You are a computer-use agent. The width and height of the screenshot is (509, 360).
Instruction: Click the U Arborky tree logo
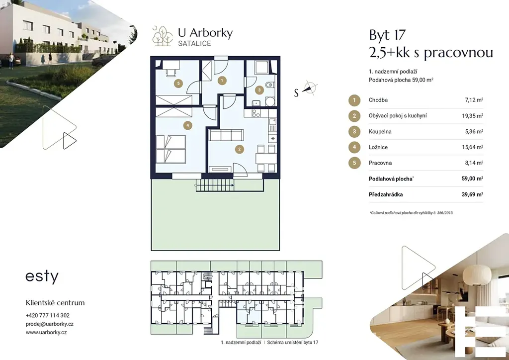click(163, 36)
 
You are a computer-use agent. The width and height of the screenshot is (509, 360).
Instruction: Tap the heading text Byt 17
click(387, 35)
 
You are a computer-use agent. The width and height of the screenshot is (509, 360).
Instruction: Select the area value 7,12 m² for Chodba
click(474, 100)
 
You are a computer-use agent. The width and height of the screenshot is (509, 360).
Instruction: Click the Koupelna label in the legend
click(380, 131)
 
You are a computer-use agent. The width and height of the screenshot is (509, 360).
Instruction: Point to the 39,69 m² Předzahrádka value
click(472, 194)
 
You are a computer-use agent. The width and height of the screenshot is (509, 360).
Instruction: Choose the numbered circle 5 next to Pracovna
click(354, 163)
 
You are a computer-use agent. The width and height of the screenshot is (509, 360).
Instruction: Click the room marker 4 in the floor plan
click(187, 125)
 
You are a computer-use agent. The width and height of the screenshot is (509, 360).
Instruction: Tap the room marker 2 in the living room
click(239, 149)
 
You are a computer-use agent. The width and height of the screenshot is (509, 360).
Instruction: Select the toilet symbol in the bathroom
click(270, 85)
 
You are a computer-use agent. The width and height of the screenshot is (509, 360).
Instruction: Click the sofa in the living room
click(226, 135)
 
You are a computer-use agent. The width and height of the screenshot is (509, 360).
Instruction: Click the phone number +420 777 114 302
click(48, 315)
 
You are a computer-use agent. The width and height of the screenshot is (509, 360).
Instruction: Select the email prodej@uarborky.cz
click(50, 324)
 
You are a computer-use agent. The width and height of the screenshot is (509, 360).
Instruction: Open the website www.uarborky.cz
click(46, 332)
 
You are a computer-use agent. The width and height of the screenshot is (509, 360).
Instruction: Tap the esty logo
click(42, 276)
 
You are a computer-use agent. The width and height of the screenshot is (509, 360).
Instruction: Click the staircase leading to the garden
click(215, 185)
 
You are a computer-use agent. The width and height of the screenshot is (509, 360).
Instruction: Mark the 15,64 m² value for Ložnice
click(473, 147)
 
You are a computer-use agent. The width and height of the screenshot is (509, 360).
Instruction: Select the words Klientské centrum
click(55, 302)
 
